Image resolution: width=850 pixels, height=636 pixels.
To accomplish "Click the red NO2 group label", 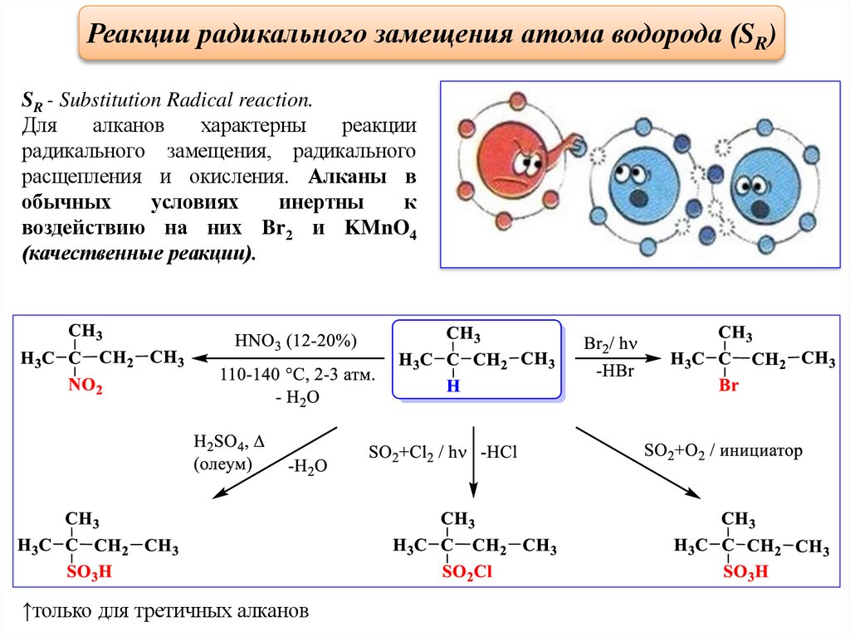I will (86, 386).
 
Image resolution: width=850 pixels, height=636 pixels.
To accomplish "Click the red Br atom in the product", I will (728, 386).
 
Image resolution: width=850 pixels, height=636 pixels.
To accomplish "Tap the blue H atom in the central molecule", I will (452, 387).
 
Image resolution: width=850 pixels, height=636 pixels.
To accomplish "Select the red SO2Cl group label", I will (467, 572).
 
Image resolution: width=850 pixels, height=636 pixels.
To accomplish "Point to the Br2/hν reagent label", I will (610, 343).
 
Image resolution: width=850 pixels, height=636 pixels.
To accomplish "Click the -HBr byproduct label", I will (613, 371).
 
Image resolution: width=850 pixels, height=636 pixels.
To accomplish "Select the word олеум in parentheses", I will (222, 464).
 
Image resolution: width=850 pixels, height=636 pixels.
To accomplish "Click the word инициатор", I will (761, 451).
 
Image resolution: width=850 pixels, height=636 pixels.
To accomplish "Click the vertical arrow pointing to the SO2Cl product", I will (472, 464).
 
